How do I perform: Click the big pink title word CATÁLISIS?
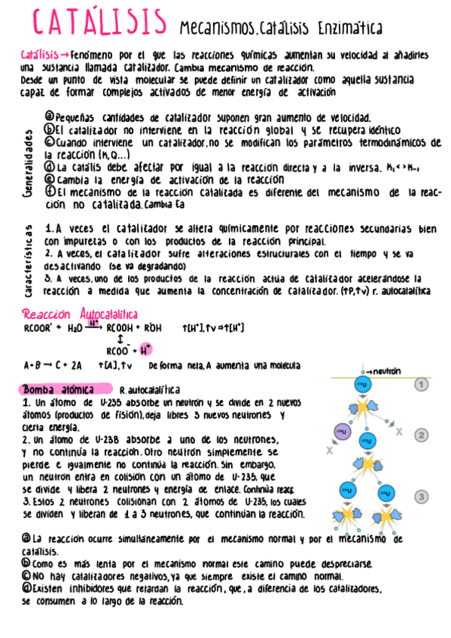tap(100, 23)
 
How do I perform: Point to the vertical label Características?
tap(28, 260)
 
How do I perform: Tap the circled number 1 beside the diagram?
tap(422, 384)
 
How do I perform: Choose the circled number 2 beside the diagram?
tap(422, 435)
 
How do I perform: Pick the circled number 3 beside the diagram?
tap(422, 496)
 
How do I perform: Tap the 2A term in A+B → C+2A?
tap(76, 366)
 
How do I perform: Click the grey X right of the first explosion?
tap(399, 432)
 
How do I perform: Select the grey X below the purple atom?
tap(330, 451)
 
